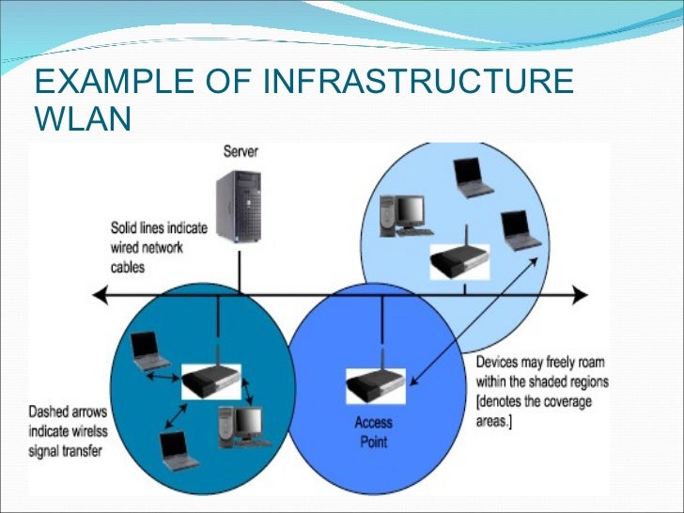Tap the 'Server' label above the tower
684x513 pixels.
241,151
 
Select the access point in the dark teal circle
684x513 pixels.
210,381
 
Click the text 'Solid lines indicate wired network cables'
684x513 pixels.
148,247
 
